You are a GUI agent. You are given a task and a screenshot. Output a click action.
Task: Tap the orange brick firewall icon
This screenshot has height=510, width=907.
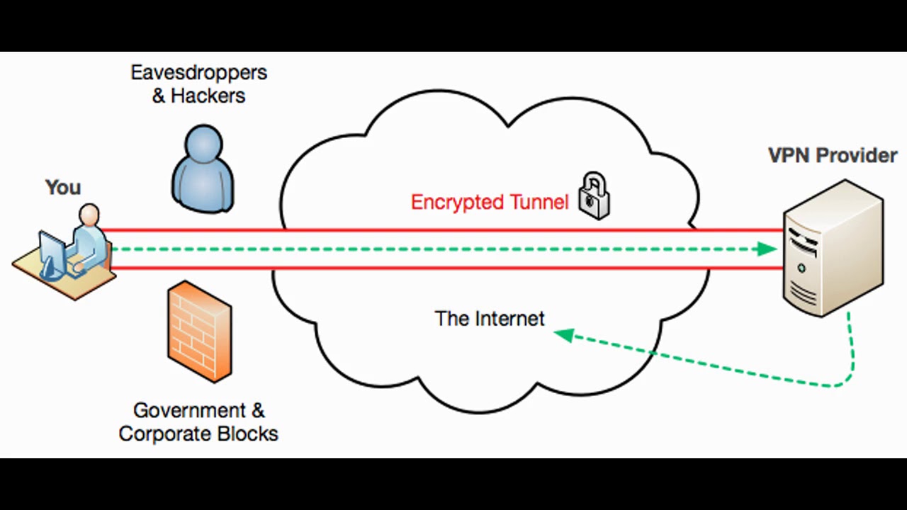coord(199,331)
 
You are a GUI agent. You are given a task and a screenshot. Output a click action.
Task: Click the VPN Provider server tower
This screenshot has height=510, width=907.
coord(833,247)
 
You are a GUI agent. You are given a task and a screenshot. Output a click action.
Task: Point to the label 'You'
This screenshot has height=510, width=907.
coord(63,188)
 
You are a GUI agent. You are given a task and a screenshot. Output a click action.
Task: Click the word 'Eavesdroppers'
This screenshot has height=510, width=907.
coord(198,72)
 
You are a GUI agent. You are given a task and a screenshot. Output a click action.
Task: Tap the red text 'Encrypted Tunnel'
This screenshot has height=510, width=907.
coord(490,203)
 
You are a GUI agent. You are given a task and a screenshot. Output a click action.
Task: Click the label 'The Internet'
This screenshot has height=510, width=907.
coord(490,319)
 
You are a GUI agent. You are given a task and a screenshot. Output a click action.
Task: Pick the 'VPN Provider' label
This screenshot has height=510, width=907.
coord(833,155)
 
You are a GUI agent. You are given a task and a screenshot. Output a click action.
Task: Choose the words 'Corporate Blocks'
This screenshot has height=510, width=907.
coord(198,433)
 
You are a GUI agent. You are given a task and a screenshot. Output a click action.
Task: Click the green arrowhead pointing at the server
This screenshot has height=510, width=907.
coord(766,249)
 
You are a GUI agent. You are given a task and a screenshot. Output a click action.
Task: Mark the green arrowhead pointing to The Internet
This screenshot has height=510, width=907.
coord(563,334)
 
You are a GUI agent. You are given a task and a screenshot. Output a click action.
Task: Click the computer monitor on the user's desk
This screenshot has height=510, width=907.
coord(52,251)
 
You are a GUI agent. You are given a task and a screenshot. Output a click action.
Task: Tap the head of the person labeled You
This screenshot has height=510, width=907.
coord(89,214)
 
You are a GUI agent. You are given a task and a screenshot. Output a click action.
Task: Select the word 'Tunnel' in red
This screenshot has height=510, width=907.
coord(539,203)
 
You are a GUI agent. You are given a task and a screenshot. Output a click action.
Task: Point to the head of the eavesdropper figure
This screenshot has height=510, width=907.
coord(203,144)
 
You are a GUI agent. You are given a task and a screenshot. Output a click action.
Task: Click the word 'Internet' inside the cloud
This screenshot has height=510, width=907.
coord(508,319)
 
